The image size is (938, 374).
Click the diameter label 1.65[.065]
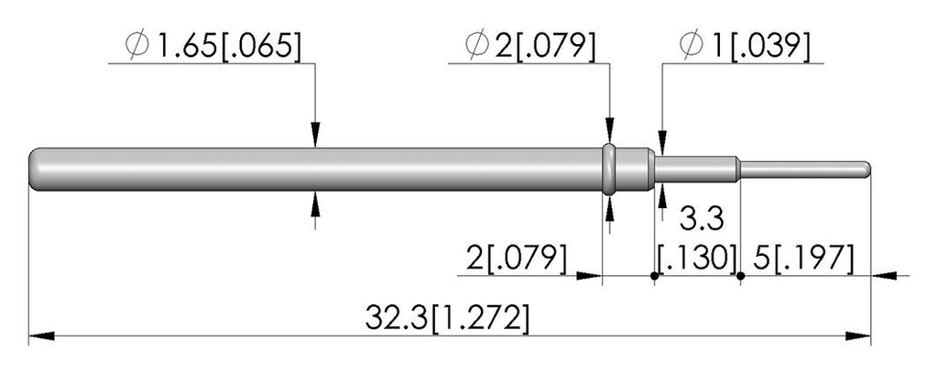click(213, 47)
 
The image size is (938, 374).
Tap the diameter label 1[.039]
click(745, 47)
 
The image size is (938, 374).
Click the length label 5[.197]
click(802, 258)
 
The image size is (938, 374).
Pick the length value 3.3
click(701, 219)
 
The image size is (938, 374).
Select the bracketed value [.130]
click(696, 258)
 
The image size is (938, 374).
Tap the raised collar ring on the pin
click(609, 170)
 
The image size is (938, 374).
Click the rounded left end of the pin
click(35, 170)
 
